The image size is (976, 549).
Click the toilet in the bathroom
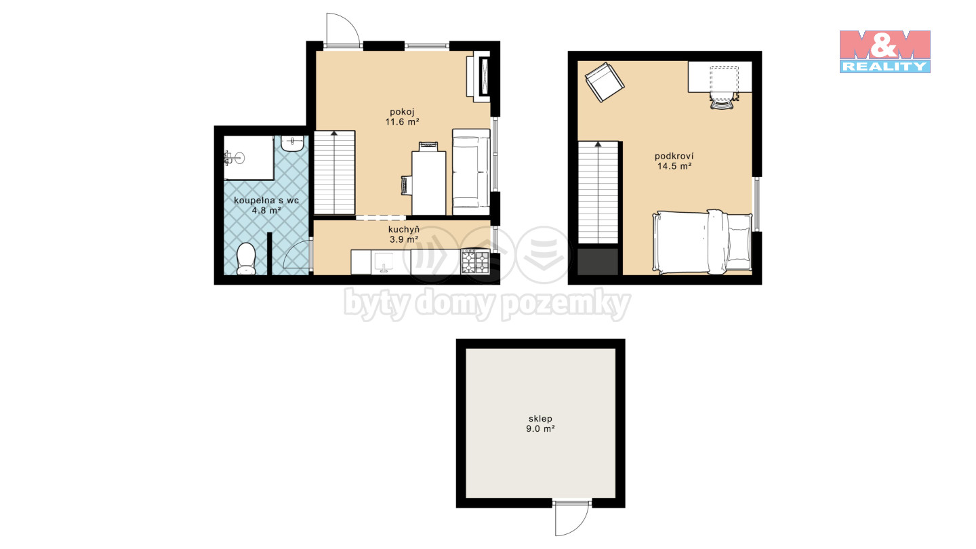[246, 258]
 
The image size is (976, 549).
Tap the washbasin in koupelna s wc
[292, 144]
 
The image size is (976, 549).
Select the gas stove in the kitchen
[475, 261]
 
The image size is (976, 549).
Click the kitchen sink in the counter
[384, 262]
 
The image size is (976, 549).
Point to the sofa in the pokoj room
[471, 172]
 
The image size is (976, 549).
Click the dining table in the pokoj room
[429, 183]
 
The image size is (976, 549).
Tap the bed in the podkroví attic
[702, 242]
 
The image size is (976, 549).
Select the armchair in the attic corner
[605, 82]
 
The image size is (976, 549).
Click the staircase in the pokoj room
[334, 172]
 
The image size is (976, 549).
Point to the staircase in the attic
[598, 192]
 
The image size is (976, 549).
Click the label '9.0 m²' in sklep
[540, 429]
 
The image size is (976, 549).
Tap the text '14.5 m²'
[674, 166]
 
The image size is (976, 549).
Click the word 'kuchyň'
[404, 230]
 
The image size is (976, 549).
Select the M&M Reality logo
[885, 52]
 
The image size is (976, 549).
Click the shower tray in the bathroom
[249, 158]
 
